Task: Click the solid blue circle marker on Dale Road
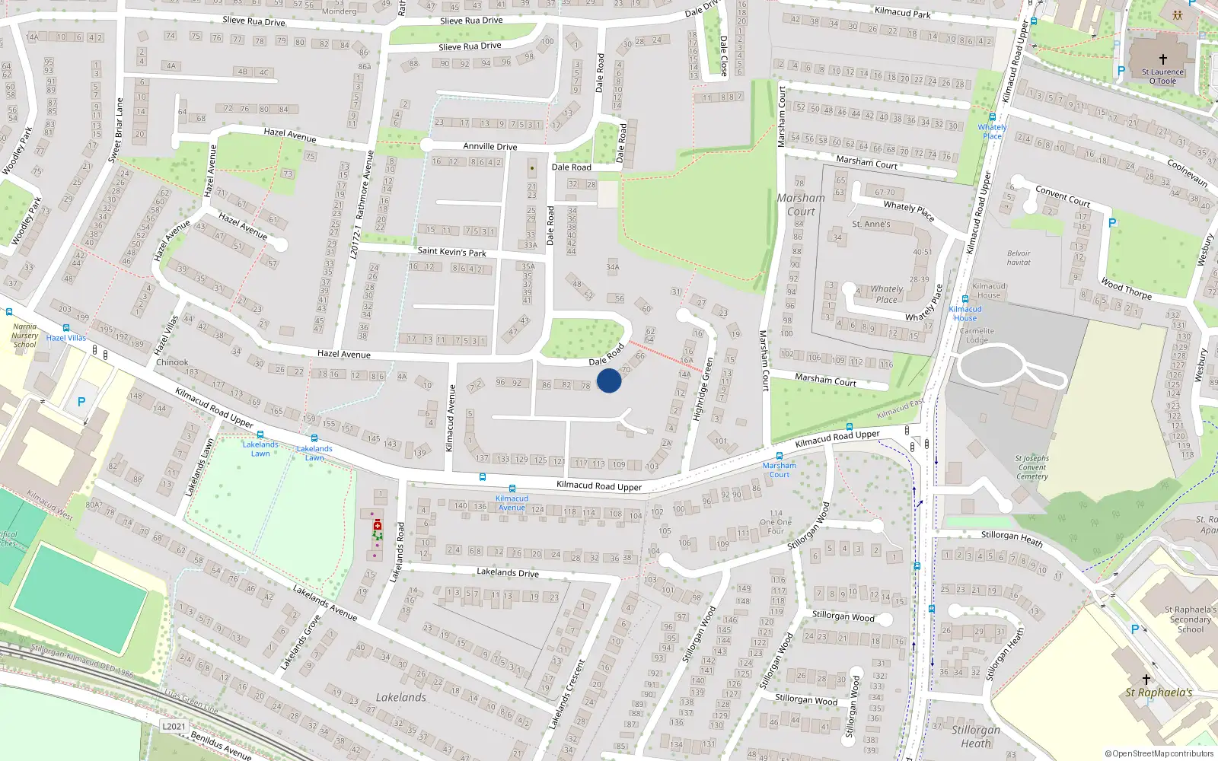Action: (x=609, y=380)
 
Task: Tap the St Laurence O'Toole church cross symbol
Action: (x=1162, y=59)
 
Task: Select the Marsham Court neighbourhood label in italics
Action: (x=801, y=205)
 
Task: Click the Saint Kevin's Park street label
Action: (x=451, y=251)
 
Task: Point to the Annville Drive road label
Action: (x=490, y=146)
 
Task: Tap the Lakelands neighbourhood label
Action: (x=401, y=697)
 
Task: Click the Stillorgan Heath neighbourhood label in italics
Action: (x=976, y=736)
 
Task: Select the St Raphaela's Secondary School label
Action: (x=1191, y=619)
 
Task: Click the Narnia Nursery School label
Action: (x=24, y=336)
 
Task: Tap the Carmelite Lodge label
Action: (x=977, y=336)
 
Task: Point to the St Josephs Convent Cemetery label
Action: (x=1032, y=467)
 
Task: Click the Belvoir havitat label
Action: (x=1019, y=258)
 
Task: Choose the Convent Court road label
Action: (x=1063, y=196)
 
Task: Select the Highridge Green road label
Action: (x=703, y=390)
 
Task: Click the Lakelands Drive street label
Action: (x=508, y=572)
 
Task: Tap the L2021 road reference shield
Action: (x=174, y=726)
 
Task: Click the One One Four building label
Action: (x=776, y=522)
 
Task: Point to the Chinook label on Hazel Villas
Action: (x=172, y=362)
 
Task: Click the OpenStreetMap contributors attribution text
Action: (x=1159, y=753)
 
